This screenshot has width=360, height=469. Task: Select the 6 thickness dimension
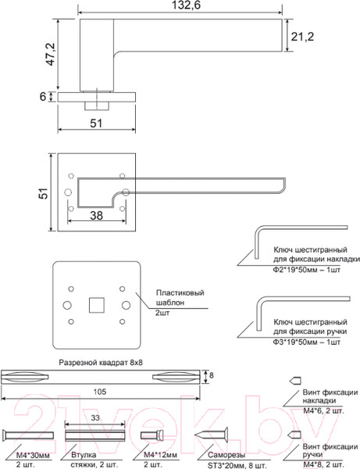[44, 96]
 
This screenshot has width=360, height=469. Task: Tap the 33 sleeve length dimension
[94, 418]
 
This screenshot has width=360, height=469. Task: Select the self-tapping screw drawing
[207, 432]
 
